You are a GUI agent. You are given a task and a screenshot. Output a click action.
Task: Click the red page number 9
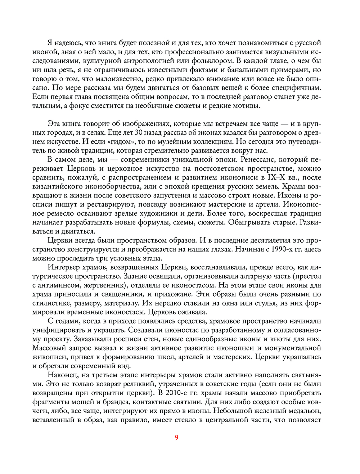point(176,438)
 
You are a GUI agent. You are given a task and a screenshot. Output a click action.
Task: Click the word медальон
point(301,411)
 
